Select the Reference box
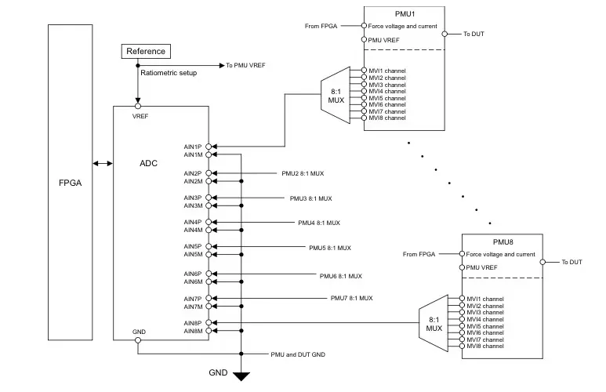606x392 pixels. (x=146, y=51)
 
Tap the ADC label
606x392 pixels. (x=149, y=163)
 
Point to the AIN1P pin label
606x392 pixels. (x=193, y=147)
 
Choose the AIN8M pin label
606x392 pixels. (x=193, y=330)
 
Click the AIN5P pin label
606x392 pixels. (x=193, y=246)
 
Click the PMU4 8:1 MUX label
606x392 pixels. (x=319, y=222)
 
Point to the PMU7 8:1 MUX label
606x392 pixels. (x=351, y=298)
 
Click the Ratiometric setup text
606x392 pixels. (x=169, y=73)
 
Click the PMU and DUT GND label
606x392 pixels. (x=297, y=354)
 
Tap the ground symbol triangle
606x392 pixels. (x=241, y=376)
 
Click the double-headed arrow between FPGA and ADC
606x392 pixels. (x=102, y=163)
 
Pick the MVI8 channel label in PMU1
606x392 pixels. (x=387, y=118)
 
